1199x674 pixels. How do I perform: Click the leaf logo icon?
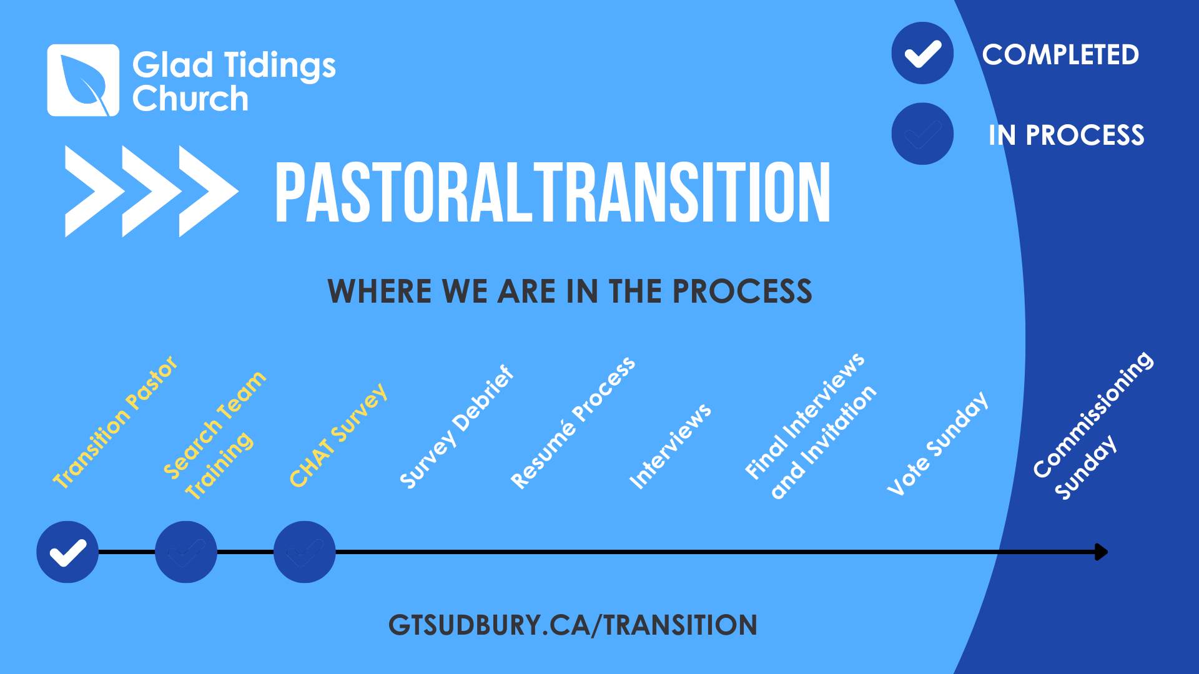83,80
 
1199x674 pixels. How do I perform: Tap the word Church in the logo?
190,99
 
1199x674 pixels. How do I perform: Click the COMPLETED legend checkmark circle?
922,53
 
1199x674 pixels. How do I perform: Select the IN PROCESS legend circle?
922,134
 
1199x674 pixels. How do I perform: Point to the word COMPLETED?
1060,55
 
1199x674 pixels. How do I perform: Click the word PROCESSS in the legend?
1085,135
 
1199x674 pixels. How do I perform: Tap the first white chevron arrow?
94,191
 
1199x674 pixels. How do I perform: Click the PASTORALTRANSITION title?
553,192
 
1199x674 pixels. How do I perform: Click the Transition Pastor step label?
116,422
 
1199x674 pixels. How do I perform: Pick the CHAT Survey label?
338,435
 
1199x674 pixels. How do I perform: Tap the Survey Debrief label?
456,427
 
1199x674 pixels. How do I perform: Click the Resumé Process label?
573,422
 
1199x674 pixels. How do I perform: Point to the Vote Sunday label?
937,443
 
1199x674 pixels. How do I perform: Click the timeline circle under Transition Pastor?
67,552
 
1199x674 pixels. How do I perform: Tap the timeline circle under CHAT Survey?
305,552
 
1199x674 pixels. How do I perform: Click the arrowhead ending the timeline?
1102,552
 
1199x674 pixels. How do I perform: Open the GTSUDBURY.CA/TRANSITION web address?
573,625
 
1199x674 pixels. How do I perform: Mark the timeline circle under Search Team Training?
186,552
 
